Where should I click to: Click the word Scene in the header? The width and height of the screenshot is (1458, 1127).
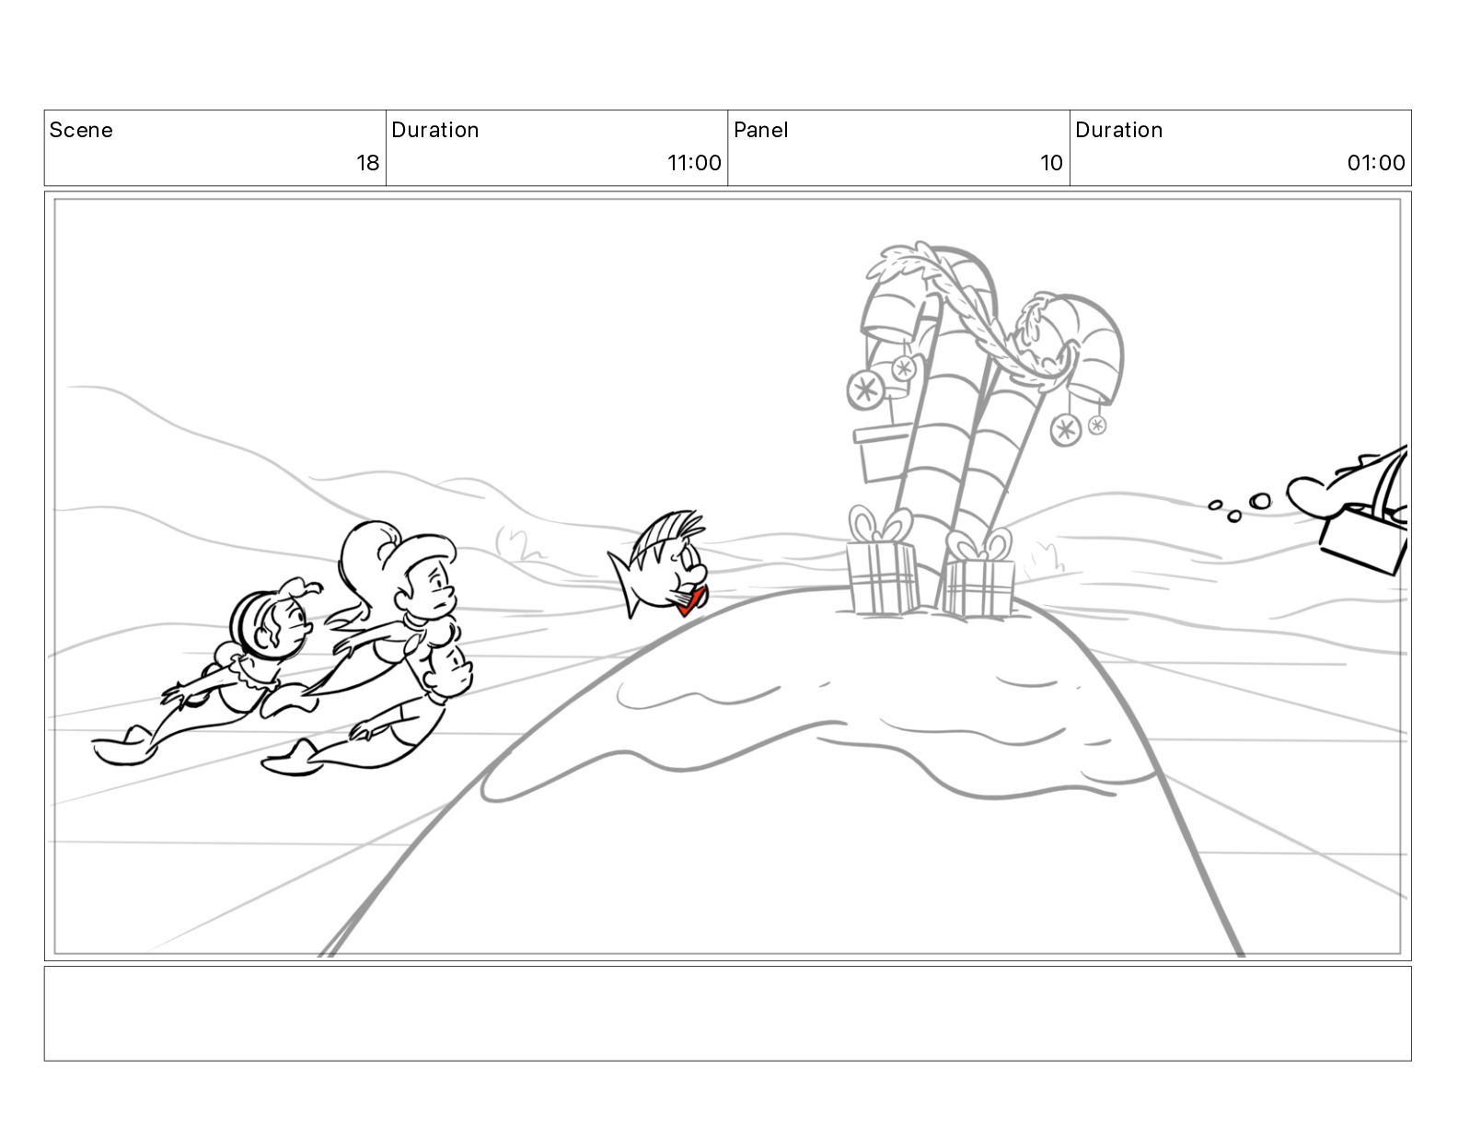coord(80,130)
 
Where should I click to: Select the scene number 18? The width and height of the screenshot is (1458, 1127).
coord(367,162)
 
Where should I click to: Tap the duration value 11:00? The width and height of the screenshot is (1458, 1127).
coord(694,162)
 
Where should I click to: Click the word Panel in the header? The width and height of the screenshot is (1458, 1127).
coord(761,130)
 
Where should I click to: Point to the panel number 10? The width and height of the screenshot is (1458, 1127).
coord(1051,162)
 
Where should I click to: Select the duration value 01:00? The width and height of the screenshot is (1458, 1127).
coord(1376,162)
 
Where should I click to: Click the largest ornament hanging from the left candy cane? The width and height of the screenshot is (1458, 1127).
coord(865,389)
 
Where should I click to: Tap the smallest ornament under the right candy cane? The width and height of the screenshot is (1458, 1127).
coord(1097,424)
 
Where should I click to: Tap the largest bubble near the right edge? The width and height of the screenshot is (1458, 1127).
coord(1259,502)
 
